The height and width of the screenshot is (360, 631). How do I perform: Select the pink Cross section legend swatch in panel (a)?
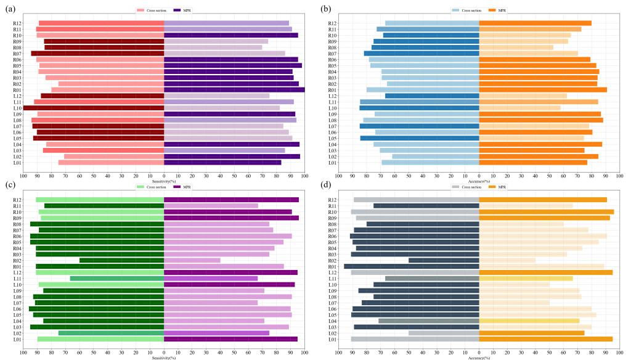pyautogui.click(x=140, y=10)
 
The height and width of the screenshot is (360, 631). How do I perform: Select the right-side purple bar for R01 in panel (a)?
pyautogui.click(x=234, y=90)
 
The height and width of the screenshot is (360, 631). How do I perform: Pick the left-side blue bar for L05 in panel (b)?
pyautogui.click(x=420, y=138)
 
